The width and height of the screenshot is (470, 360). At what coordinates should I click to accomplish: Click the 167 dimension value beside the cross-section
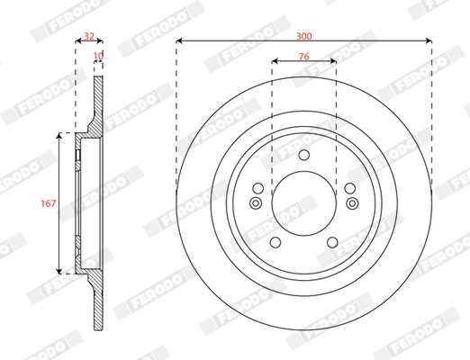click(x=49, y=202)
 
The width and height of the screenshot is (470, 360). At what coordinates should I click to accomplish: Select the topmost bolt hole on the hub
click(x=304, y=156)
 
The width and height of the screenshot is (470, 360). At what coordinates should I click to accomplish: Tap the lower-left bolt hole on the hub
click(x=275, y=241)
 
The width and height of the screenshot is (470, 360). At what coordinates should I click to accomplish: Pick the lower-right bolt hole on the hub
click(x=333, y=241)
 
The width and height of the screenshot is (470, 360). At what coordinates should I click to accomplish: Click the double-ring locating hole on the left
click(x=256, y=202)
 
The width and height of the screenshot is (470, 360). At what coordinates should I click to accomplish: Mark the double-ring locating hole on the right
click(x=352, y=202)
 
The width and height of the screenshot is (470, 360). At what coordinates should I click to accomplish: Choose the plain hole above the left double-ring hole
click(x=258, y=188)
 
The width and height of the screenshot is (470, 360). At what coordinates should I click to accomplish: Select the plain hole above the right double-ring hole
click(x=349, y=188)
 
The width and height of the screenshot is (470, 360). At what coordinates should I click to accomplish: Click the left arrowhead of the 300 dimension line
click(x=179, y=40)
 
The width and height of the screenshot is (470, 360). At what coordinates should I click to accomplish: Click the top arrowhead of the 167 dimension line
click(x=60, y=136)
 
